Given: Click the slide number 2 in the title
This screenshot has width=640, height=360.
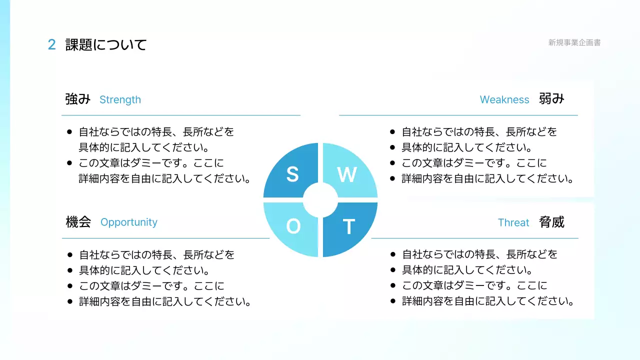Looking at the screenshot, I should click(51, 45).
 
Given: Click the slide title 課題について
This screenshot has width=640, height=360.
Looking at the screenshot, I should click(106, 45).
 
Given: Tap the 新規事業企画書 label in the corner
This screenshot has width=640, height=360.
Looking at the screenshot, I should click(574, 42).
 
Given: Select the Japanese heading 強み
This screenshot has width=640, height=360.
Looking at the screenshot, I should click(77, 99).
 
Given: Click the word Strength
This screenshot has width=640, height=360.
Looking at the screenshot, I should click(120, 99).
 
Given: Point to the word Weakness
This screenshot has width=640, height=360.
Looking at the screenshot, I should click(504, 99).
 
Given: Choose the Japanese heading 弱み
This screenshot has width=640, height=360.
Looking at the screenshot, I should click(551, 98).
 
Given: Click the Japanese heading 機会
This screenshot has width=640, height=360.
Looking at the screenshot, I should click(78, 221).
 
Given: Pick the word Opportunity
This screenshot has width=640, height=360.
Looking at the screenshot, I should click(129, 222).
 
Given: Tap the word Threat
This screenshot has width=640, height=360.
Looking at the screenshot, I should click(513, 222).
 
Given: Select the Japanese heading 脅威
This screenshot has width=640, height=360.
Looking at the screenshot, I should click(551, 221).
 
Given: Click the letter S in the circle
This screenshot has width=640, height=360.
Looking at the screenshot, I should click(292, 174).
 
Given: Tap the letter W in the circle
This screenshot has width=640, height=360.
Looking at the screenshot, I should click(347, 174).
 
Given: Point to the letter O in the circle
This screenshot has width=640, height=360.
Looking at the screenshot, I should click(293, 227).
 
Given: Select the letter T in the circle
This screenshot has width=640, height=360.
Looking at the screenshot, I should click(348, 227).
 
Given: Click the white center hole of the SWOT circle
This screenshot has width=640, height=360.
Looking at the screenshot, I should click(320, 200).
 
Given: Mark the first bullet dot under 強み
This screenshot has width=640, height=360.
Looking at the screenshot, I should click(69, 132).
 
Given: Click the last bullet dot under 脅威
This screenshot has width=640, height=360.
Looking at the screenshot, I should click(392, 301).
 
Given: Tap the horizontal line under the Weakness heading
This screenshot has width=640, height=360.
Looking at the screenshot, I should click(458, 115).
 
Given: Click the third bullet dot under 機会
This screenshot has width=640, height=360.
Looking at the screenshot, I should click(69, 286).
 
